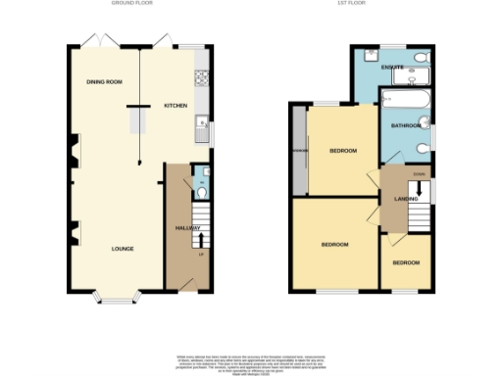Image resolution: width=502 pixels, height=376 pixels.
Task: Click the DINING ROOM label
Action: coord(104,82)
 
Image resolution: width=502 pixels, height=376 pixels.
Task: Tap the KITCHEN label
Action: coord(175,105)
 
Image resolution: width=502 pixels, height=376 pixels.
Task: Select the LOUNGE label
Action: coord(122,249)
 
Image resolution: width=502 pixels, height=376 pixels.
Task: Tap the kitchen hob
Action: coord(202,73)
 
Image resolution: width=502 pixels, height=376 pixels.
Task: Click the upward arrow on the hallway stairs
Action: coord(202,236)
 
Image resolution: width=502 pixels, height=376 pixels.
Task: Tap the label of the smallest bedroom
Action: coord(406,263)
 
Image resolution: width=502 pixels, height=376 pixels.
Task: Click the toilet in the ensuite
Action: coord(421,59)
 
